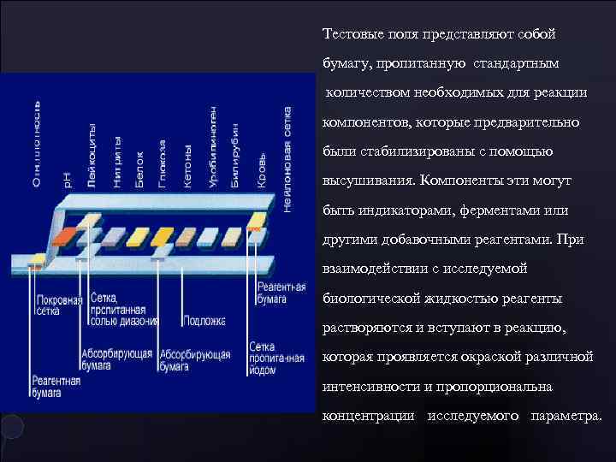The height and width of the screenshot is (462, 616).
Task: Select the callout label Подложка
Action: [204, 322]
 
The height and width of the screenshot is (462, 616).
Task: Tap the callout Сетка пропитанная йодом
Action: [275, 360]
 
